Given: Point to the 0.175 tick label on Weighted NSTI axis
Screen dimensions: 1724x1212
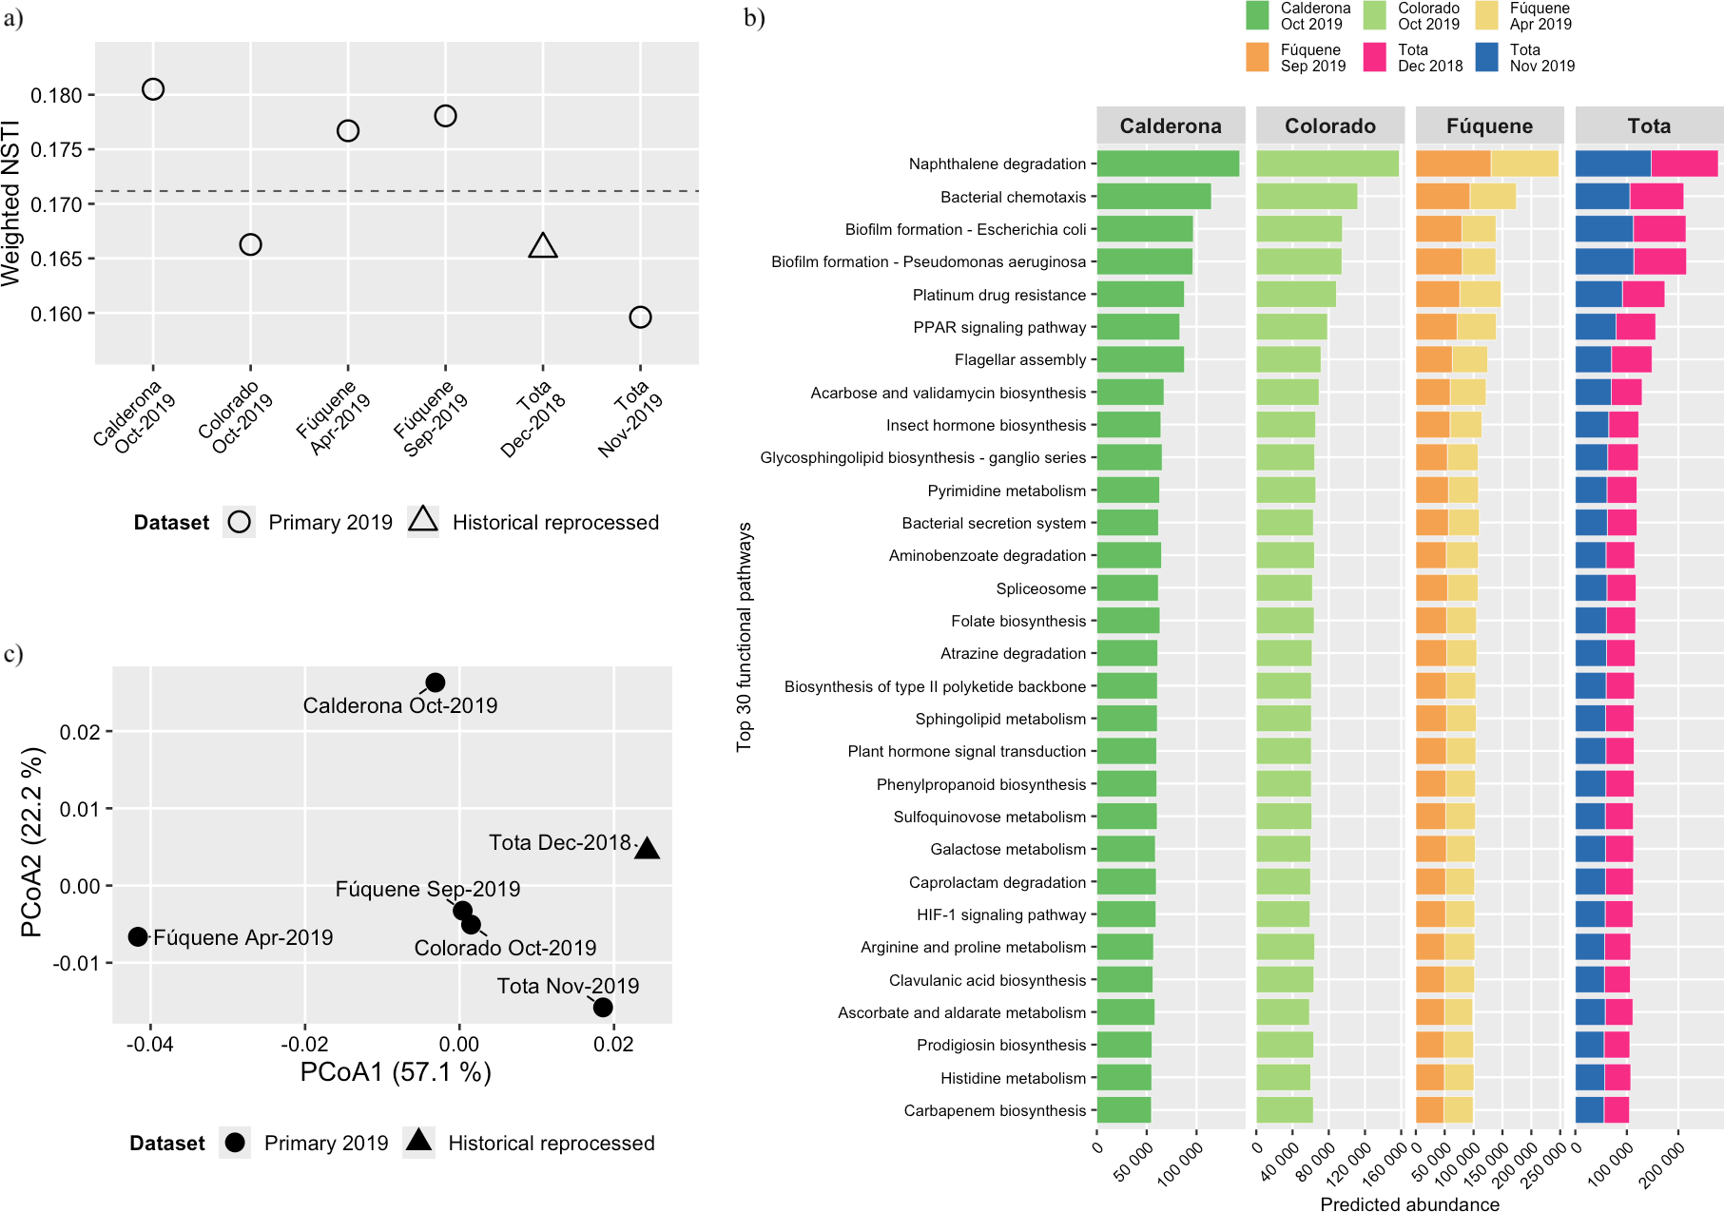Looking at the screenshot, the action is pyautogui.click(x=56, y=149).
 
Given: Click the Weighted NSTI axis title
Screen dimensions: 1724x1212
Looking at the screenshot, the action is pyautogui.click(x=11, y=203).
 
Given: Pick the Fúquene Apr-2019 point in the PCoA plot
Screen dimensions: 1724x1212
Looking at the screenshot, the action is pyautogui.click(x=138, y=936).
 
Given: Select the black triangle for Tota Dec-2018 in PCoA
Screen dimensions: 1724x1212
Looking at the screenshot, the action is pyautogui.click(x=647, y=848).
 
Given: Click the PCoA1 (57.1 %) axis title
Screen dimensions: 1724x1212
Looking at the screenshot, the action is pyautogui.click(x=396, y=1072).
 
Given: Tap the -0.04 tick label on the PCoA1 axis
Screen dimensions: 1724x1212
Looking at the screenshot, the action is pyautogui.click(x=149, y=1044).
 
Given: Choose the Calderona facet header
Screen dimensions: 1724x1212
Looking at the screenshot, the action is pyautogui.click(x=1171, y=125).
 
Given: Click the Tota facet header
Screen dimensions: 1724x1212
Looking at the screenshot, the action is pyautogui.click(x=1649, y=125).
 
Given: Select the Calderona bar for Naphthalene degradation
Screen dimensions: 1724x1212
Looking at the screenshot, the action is pyautogui.click(x=1169, y=164).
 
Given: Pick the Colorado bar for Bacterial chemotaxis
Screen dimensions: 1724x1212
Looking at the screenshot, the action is pyautogui.click(x=1307, y=197).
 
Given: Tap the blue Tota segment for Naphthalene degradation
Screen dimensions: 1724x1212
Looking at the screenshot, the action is pyautogui.click(x=1614, y=164).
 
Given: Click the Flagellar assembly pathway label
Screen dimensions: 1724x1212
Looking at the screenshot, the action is pyautogui.click(x=1020, y=359).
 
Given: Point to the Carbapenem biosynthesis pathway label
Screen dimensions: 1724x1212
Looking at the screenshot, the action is pyautogui.click(x=995, y=1110).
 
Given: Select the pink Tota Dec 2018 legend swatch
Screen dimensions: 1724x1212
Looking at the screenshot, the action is pyautogui.click(x=1375, y=57).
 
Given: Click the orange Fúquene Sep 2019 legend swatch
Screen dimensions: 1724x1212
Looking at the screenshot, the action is pyautogui.click(x=1258, y=57).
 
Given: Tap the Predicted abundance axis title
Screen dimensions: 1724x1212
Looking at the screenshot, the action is pyautogui.click(x=1409, y=1203).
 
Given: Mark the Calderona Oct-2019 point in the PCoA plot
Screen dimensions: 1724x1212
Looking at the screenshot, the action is pyautogui.click(x=435, y=683).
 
